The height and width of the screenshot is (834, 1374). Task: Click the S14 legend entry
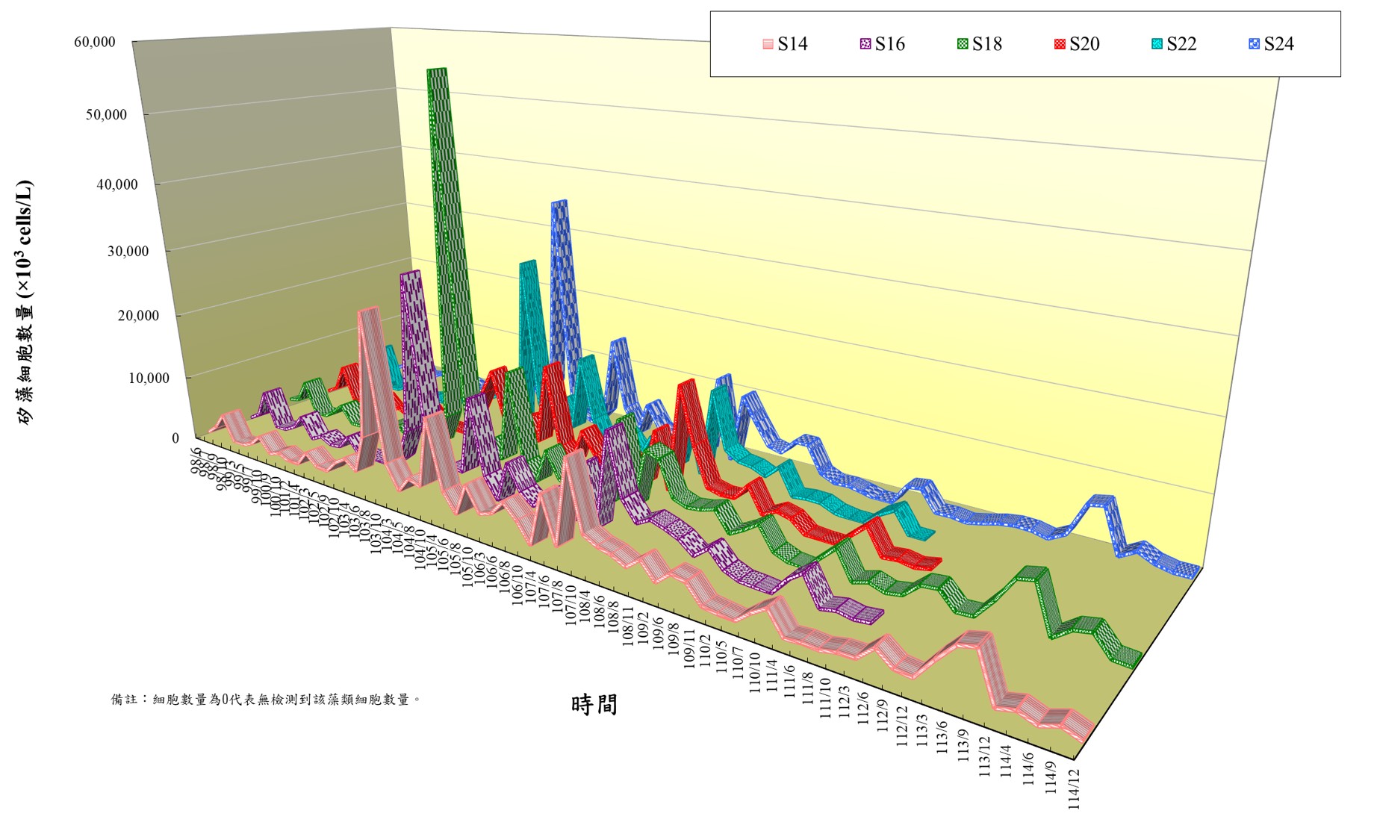tap(785, 44)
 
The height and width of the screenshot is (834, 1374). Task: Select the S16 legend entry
tap(882, 44)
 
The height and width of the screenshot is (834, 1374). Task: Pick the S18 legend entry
tap(979, 44)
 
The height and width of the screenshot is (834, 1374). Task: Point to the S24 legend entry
tap(1271, 44)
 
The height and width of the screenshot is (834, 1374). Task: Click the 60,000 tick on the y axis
tap(95, 43)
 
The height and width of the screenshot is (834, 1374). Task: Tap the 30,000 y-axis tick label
tap(128, 252)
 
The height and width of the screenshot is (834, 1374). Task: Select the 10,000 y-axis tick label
tap(149, 379)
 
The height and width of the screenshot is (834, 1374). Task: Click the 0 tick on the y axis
tap(175, 439)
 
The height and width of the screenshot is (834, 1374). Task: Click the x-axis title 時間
tap(594, 704)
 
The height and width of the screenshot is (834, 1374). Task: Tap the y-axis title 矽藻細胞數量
tap(25, 302)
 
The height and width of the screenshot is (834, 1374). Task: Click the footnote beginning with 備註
tap(266, 700)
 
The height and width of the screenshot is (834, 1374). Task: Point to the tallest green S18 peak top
tap(437, 70)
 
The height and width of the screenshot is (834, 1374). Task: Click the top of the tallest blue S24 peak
tap(559, 202)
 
